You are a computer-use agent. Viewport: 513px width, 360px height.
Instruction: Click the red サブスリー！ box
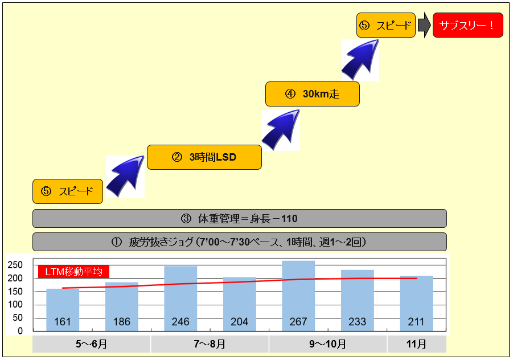pyautogui.click(x=468, y=25)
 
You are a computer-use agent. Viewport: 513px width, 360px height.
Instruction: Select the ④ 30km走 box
pyautogui.click(x=313, y=94)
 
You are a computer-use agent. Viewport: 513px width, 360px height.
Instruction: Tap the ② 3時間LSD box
pyautogui.click(x=204, y=157)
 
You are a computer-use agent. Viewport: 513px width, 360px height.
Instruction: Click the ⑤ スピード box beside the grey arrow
pyautogui.click(x=386, y=25)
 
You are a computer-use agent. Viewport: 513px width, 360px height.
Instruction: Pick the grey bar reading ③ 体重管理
pyautogui.click(x=239, y=218)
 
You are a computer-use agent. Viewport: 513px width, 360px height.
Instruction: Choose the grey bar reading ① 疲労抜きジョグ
pyautogui.click(x=239, y=242)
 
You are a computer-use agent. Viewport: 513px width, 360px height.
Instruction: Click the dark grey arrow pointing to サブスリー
pyautogui.click(x=424, y=26)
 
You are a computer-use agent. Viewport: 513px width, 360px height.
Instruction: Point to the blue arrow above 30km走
pyautogui.click(x=360, y=59)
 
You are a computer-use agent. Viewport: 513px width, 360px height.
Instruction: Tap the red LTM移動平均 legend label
pyautogui.click(x=73, y=272)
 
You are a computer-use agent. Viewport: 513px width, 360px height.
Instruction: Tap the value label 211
pyautogui.click(x=416, y=322)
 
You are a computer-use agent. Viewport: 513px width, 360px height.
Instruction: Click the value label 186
pyautogui.click(x=121, y=322)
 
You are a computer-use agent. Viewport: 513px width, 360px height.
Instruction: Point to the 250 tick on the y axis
pyautogui.click(x=16, y=265)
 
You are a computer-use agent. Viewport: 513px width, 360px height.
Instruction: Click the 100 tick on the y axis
pyautogui.click(x=16, y=305)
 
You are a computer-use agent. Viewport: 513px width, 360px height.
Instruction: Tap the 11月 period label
pyautogui.click(x=417, y=344)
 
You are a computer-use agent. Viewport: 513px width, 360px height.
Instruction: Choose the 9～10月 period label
pyautogui.click(x=328, y=344)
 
